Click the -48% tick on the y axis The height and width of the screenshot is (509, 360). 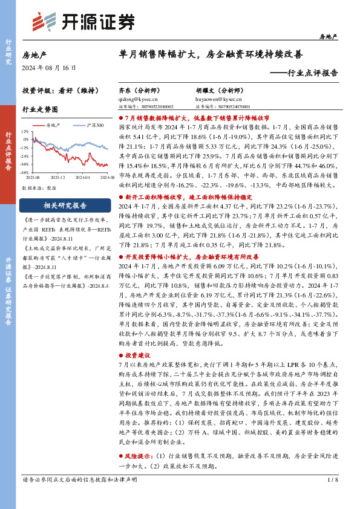(25, 172)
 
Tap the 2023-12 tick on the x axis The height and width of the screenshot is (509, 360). (57, 177)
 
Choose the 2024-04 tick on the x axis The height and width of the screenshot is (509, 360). (83, 177)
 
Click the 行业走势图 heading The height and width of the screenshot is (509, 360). (40, 109)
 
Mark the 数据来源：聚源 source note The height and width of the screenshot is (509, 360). (38, 187)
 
